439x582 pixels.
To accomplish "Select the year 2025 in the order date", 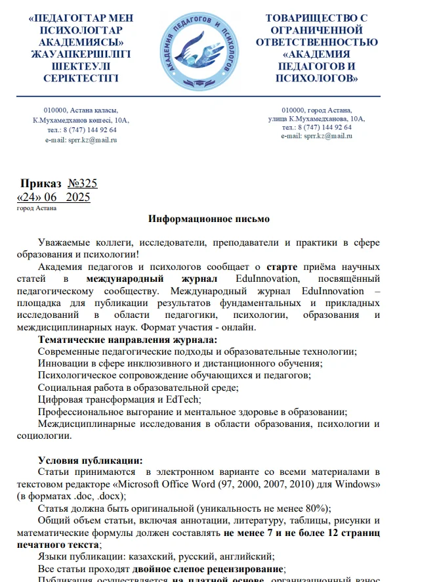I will click(x=78, y=197).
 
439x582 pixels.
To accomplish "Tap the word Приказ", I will click(x=41, y=183).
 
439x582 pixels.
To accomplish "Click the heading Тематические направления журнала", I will click(x=127, y=340).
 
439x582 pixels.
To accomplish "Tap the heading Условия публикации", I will click(x=90, y=460).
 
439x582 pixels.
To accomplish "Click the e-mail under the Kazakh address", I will click(x=81, y=140).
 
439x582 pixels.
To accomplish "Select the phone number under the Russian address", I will click(x=317, y=127).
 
